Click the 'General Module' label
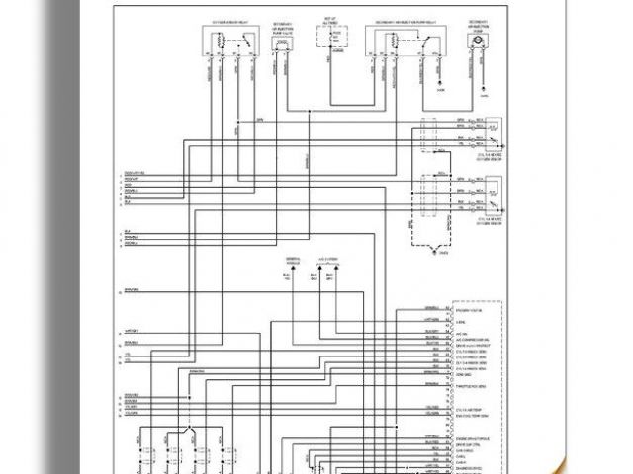pos(293,261)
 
